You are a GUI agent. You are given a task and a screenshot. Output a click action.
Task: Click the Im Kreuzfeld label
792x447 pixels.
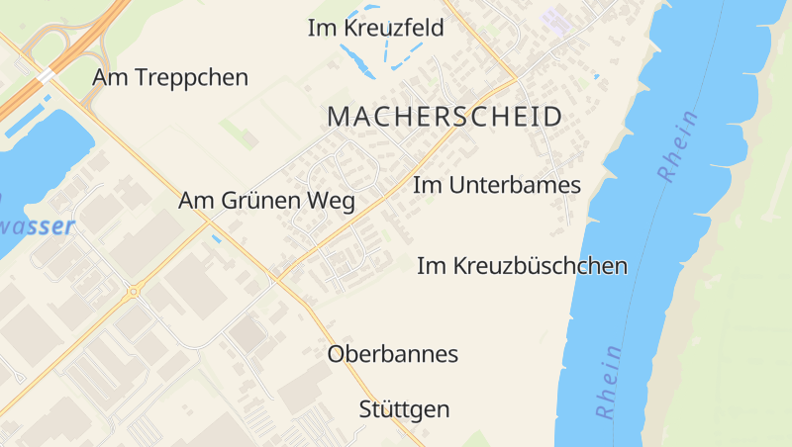point(375,29)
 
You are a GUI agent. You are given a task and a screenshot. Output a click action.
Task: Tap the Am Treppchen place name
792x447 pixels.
point(170,77)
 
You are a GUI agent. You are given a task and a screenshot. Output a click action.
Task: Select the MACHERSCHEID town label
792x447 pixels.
point(445,117)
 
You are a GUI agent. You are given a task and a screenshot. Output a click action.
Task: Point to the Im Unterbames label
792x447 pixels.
point(496,185)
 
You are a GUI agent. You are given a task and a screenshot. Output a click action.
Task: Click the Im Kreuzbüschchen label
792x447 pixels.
point(522,265)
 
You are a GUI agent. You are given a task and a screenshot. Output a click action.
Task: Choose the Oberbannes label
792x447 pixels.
point(393,353)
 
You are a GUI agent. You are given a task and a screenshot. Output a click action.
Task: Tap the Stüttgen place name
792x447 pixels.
point(404,408)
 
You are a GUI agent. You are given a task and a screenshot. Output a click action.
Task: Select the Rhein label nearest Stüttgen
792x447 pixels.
point(609,381)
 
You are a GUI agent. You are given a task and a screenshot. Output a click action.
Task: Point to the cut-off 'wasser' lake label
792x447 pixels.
point(38,226)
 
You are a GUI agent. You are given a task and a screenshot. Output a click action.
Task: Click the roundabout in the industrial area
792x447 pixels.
point(132,292)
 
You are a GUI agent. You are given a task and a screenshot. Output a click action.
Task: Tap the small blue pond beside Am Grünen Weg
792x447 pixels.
point(216,238)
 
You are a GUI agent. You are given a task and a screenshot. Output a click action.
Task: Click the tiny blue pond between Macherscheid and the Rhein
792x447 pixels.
point(596,76)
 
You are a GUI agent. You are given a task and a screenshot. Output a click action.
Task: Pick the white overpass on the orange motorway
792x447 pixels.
point(46,75)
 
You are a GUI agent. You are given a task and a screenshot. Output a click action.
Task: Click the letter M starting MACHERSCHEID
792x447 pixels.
point(338,117)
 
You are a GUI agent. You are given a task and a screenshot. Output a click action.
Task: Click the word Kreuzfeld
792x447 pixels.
point(393,29)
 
